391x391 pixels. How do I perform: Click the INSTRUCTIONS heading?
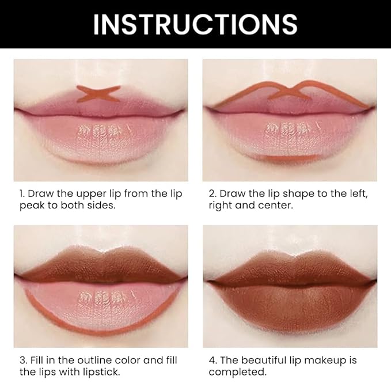coord(195,24)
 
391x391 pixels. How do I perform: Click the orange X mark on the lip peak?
coord(98,93)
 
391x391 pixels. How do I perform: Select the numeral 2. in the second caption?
coord(214,193)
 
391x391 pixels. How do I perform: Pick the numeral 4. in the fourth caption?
coord(214,360)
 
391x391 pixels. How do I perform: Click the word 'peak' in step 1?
coord(28,206)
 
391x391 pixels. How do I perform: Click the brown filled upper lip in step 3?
coord(101,265)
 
